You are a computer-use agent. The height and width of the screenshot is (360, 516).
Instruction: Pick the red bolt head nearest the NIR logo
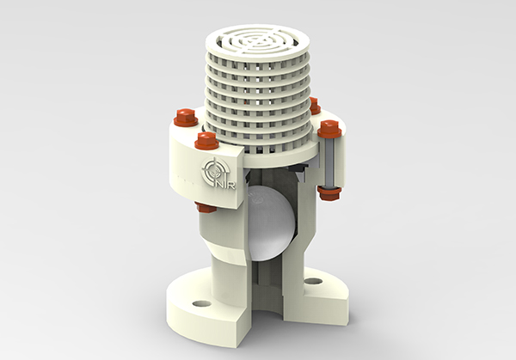(x=206, y=140)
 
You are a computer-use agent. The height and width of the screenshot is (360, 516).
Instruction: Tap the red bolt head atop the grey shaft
(x=329, y=130)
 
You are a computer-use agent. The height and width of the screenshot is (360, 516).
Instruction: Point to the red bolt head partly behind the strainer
(x=314, y=106)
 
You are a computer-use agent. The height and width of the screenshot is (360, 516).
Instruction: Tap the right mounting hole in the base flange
(x=312, y=281)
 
